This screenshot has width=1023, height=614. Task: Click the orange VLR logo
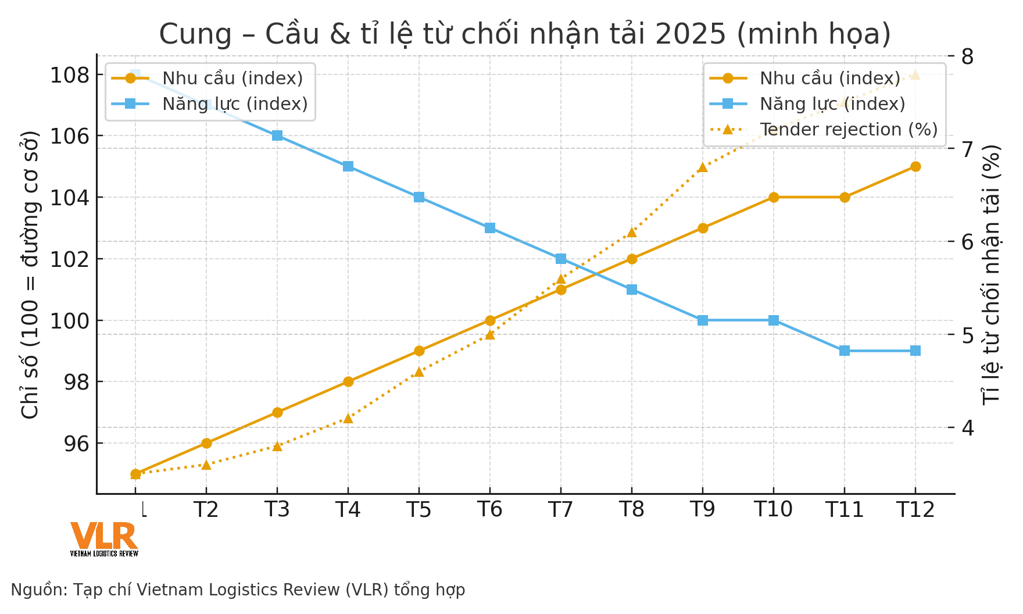[x=103, y=536]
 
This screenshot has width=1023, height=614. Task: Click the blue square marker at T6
[x=490, y=228]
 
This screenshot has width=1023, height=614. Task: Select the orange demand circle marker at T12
[x=915, y=166]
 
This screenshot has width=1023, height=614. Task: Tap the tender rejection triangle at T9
[x=703, y=167]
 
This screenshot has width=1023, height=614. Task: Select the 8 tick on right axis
[x=967, y=56]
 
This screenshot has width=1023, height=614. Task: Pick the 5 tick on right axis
[x=967, y=335]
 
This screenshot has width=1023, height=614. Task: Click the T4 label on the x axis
[x=348, y=510]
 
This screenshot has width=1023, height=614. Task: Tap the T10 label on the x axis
[x=773, y=510]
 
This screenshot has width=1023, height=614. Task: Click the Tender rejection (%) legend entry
[x=849, y=129]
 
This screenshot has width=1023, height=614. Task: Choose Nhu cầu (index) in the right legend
[x=829, y=78]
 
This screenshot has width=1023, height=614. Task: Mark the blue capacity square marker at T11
[x=845, y=351]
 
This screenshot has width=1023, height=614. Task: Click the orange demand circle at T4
[x=348, y=381]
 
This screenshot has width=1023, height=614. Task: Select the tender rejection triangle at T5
[x=419, y=372]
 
